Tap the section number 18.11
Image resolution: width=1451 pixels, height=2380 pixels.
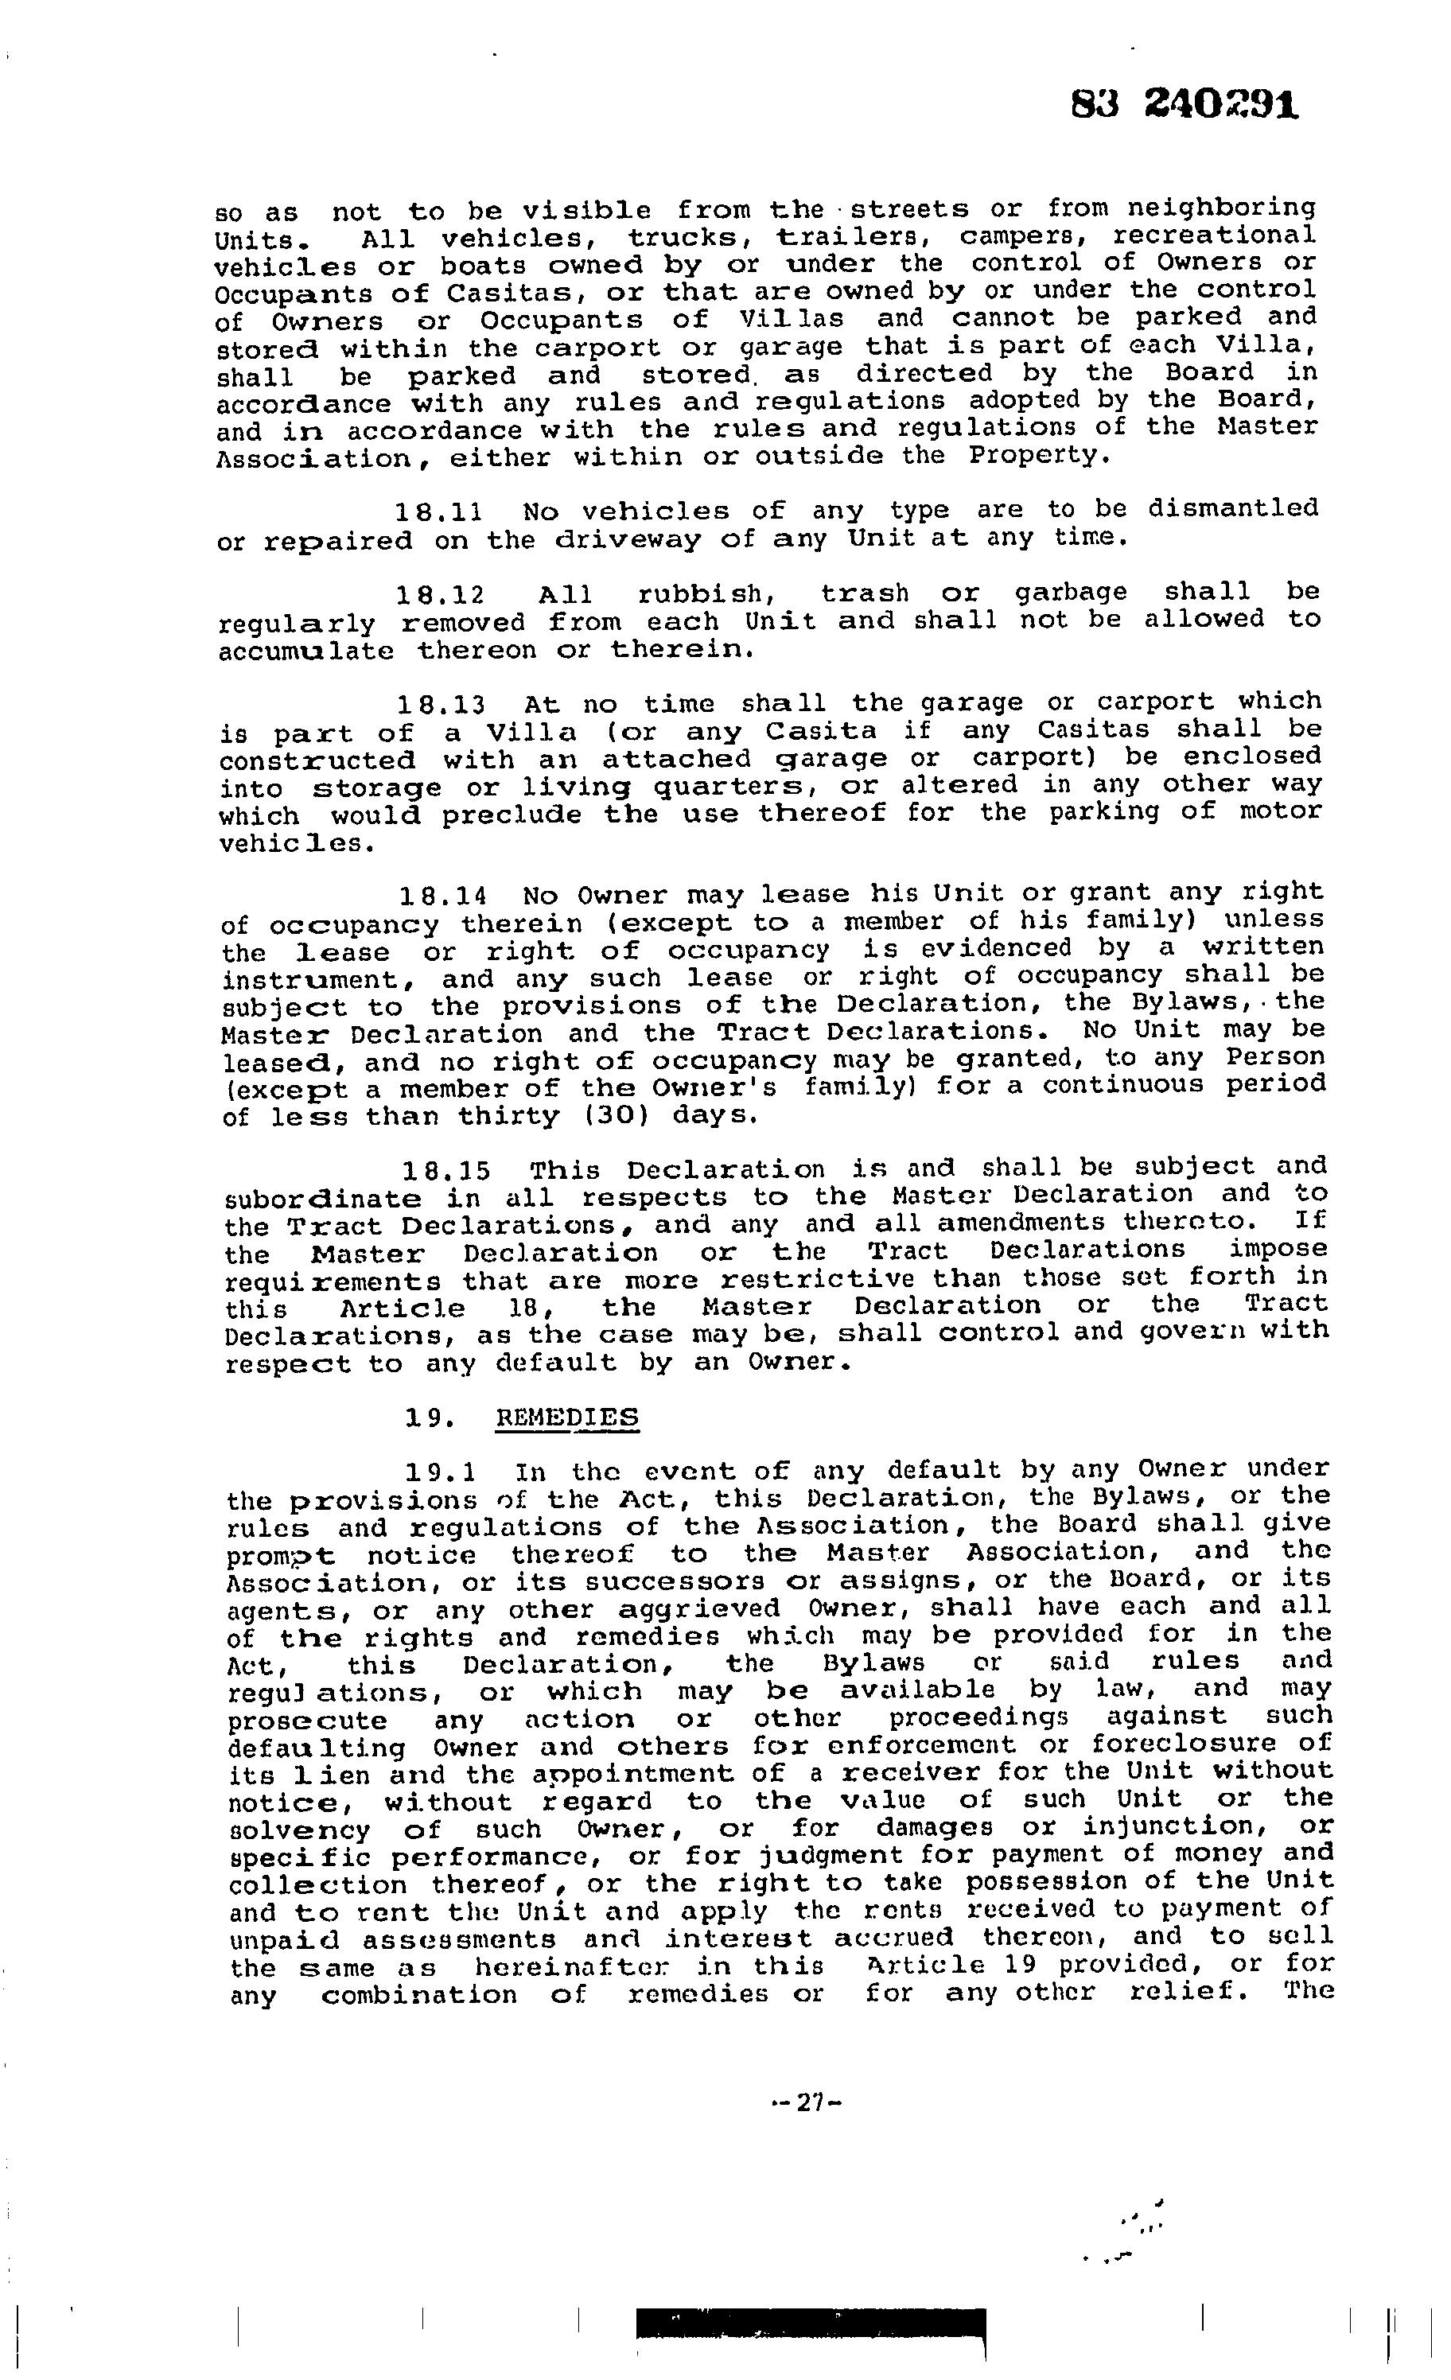(440, 511)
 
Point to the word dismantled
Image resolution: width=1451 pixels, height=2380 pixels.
(1233, 508)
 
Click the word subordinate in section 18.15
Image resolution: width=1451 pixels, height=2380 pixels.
(323, 1200)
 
